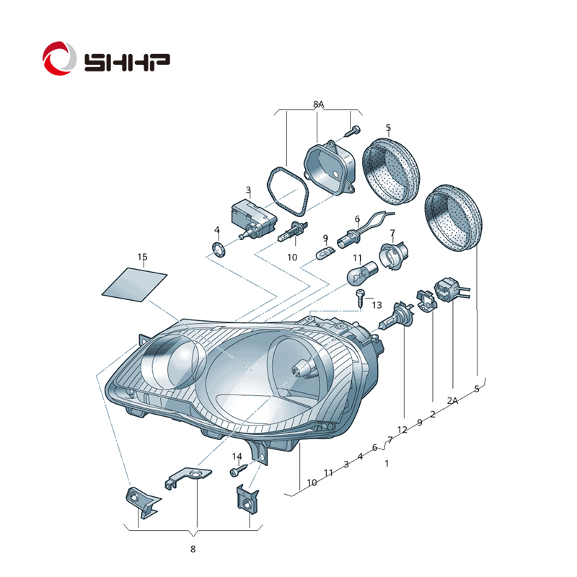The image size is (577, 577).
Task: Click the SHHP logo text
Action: (127, 63)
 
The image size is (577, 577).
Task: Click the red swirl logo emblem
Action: (59, 58)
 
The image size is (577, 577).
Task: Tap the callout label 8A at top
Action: (319, 105)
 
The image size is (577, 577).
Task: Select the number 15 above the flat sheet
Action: (142, 257)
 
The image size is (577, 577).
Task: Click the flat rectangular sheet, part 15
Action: (134, 284)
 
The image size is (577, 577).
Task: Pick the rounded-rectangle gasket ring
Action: (288, 191)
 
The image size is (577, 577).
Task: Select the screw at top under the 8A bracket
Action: (353, 131)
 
